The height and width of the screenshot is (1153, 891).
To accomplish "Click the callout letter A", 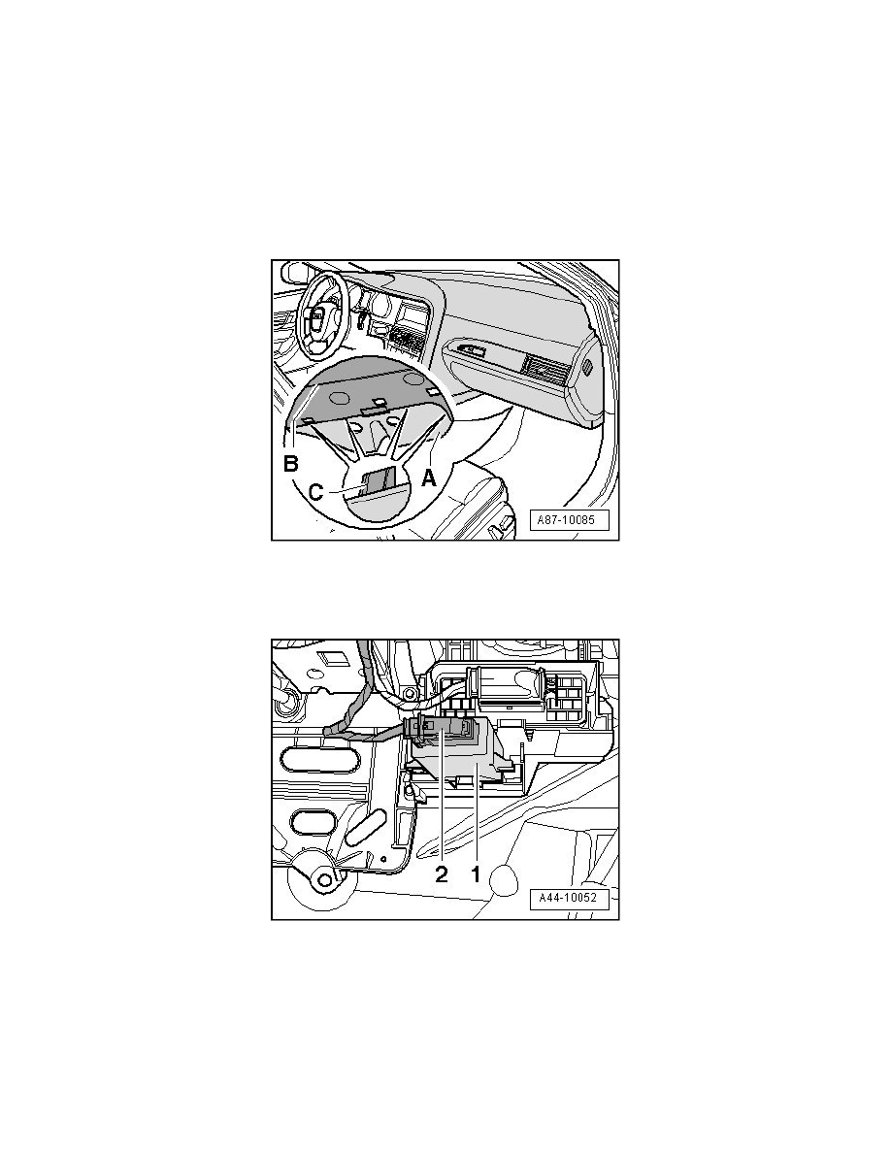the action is click(429, 478).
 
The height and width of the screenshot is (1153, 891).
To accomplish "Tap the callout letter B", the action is click(292, 464).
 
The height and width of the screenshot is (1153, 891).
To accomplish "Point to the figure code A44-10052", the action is click(569, 899).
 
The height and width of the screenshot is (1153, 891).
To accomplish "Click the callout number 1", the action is click(476, 873).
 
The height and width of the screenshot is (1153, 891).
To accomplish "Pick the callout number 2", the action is click(441, 873).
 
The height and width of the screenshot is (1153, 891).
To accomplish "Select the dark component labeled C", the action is click(380, 478).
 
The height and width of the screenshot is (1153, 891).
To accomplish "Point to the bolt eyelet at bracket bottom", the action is click(319, 877).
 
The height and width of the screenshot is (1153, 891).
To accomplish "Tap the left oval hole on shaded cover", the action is click(340, 397).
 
